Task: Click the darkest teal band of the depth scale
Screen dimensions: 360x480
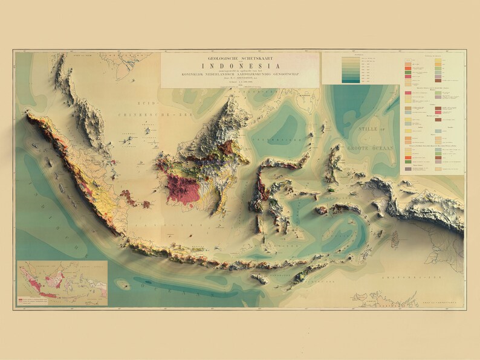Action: click(349, 80)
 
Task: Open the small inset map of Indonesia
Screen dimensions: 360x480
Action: click(62, 282)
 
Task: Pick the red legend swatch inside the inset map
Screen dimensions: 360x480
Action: click(21, 298)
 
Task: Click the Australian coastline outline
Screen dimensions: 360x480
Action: click(393, 299)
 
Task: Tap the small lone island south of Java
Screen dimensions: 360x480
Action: click(123, 282)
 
